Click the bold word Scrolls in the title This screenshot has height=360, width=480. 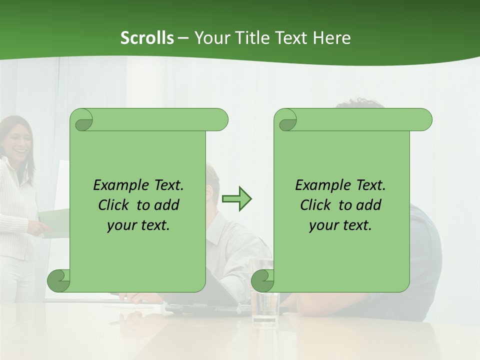coord(147,38)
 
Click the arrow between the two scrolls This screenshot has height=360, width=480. coord(237,199)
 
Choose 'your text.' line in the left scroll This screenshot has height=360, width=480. coord(138,225)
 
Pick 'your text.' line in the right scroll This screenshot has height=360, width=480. coord(340,225)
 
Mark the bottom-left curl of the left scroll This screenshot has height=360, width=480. coord(58,280)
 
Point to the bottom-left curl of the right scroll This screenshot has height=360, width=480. coord(262,280)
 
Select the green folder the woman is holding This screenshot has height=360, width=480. coord(53,222)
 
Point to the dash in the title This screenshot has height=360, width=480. coord(183,38)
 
